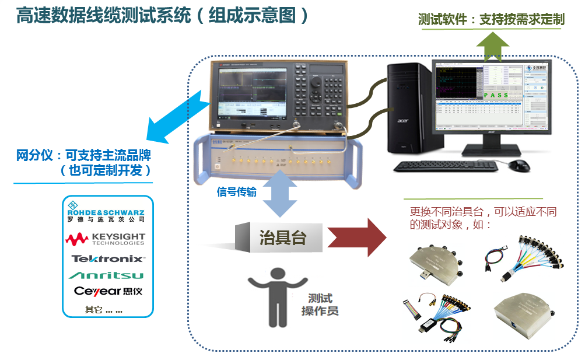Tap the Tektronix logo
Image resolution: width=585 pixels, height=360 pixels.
point(108,258)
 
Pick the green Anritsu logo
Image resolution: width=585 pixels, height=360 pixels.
point(107,275)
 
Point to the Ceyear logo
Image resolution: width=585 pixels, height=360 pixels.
point(108,291)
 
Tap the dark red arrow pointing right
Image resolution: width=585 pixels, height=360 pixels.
point(356,237)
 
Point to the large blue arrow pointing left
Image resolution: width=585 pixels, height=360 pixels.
point(175,120)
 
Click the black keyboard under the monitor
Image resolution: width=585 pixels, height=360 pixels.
point(446,166)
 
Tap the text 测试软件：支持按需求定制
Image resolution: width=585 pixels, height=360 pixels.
point(491,20)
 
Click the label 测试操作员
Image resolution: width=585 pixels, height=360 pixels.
point(320,304)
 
